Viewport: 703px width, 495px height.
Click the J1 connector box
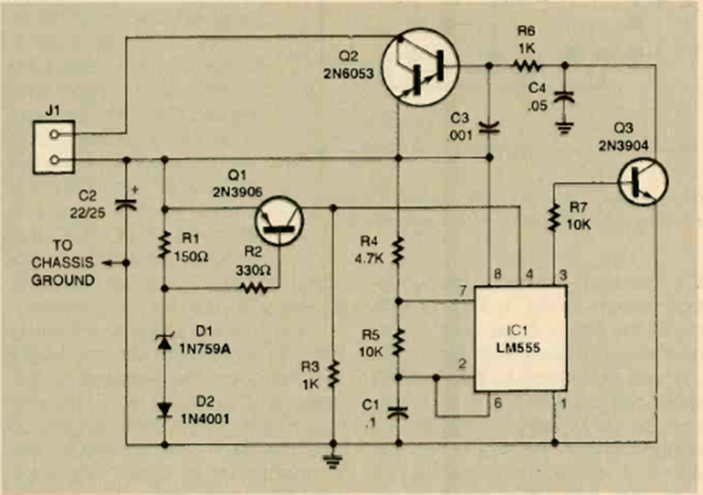tap(52, 145)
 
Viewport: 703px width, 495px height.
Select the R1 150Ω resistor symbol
tap(165, 245)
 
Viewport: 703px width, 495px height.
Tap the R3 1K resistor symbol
tap(333, 373)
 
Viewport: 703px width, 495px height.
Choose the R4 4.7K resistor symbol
tap(399, 249)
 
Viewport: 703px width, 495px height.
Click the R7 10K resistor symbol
tap(552, 216)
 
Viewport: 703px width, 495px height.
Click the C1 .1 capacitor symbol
tap(399, 412)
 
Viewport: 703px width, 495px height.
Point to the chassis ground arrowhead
tap(102, 263)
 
